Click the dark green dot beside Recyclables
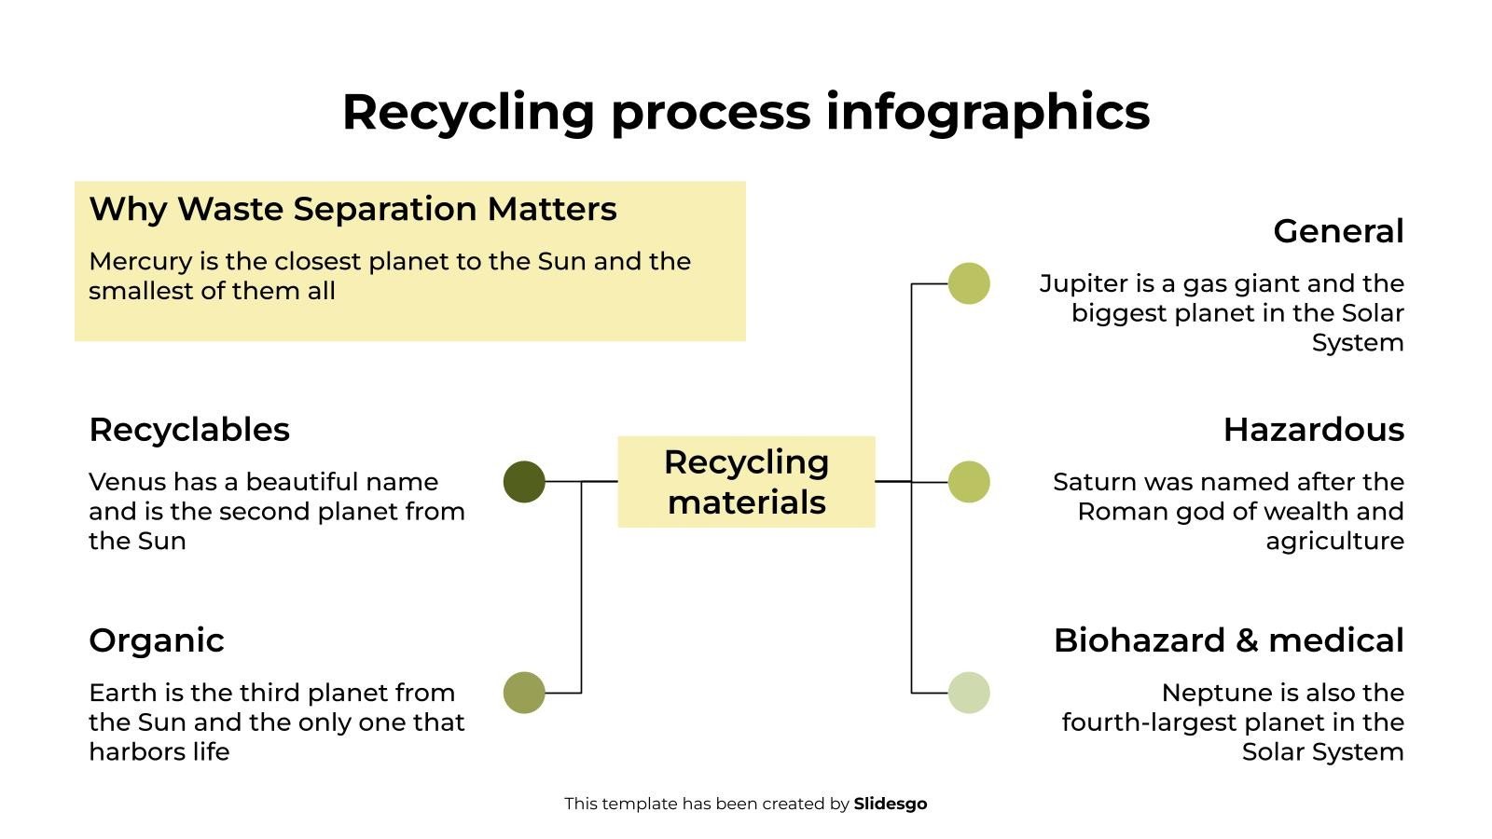coord(524,481)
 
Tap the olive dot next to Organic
coord(524,693)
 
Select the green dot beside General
coord(969,283)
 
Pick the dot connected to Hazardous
coord(969,481)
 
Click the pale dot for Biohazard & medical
coord(969,693)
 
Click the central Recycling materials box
coord(746,481)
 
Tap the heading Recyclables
coord(189,430)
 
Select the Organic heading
coord(157,640)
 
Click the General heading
coord(1338,231)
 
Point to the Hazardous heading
coord(1314,430)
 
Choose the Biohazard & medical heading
coord(1229,640)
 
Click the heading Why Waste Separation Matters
coord(353,209)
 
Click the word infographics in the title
coord(988,112)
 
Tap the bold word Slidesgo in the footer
coord(891,804)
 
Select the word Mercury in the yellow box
coord(141,262)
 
